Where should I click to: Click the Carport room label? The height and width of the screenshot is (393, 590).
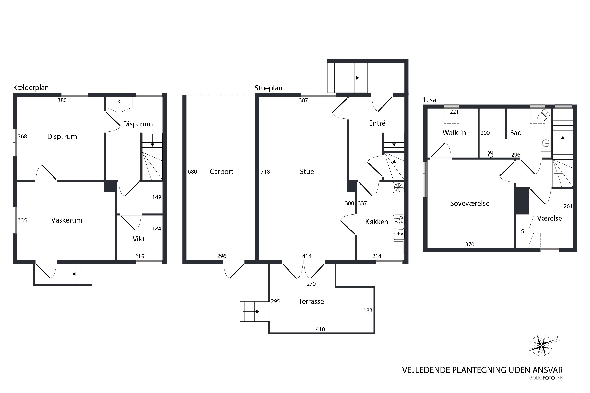221,172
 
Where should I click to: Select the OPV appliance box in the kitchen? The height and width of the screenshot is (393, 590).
399,234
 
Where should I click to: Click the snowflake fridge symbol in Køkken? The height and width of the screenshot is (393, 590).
399,187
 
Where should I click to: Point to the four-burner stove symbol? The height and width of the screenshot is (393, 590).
399,220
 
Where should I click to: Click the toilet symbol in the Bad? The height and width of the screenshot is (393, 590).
544,115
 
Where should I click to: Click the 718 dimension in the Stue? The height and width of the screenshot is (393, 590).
265,172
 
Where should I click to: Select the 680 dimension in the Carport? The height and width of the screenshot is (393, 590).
192,172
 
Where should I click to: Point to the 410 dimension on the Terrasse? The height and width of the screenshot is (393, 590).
320,329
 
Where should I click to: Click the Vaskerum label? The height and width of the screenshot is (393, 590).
67,220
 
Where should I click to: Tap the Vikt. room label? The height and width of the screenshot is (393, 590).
139,239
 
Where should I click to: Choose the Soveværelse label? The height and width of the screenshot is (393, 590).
470,203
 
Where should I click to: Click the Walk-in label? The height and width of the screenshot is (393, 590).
454,133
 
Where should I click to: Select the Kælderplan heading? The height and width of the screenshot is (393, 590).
31,87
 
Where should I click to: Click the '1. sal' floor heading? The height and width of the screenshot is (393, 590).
430,100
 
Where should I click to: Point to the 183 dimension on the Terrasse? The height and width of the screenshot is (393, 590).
368,310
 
